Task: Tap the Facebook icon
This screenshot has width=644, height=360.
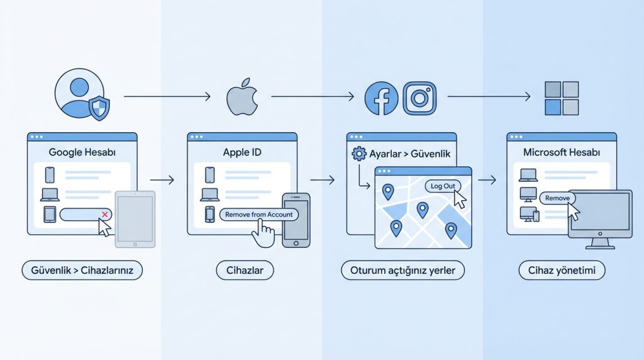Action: (x=381, y=99)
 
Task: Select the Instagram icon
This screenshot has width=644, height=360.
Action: (x=419, y=98)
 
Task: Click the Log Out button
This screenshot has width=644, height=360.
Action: (x=443, y=186)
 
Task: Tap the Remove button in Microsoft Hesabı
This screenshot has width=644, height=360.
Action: (x=557, y=198)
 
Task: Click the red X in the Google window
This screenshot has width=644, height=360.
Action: (x=105, y=215)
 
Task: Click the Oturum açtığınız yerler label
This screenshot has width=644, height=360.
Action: (x=403, y=271)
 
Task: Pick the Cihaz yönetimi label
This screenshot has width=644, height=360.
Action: (x=562, y=271)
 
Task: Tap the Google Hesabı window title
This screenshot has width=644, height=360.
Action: (x=80, y=152)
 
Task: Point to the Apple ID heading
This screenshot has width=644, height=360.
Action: (x=241, y=152)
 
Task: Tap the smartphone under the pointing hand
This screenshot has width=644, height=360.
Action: (x=296, y=220)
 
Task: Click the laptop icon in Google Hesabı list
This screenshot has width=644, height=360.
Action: (x=50, y=194)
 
